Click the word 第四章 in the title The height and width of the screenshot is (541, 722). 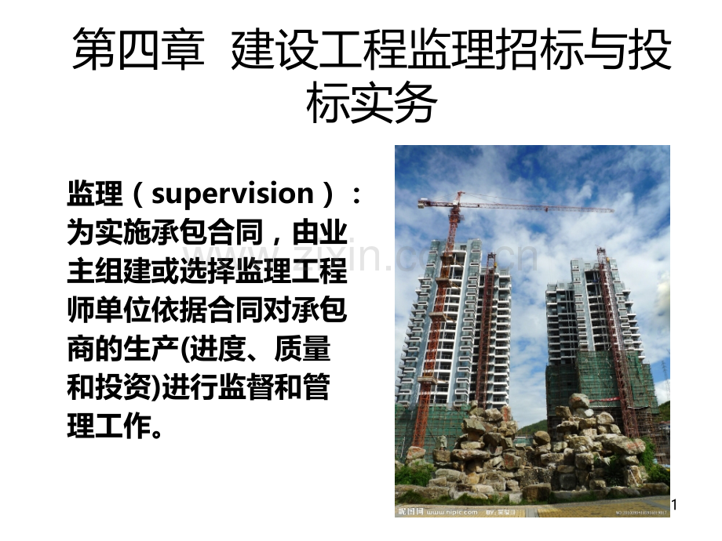139,48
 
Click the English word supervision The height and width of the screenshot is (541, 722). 232,194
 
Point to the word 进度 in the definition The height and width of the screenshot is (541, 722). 218,349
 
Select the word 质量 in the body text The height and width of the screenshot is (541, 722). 302,349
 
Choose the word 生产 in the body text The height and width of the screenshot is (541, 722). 152,349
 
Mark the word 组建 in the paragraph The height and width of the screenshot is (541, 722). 124,271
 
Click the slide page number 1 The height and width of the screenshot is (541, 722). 674,505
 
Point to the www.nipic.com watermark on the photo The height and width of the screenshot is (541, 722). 452,511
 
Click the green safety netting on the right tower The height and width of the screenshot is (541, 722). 599,382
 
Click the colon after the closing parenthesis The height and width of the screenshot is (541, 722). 356,195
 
